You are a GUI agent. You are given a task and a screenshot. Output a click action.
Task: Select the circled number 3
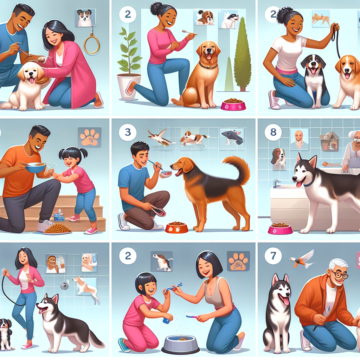coord(128,132)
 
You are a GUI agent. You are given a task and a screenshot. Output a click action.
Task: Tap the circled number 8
coord(273,133)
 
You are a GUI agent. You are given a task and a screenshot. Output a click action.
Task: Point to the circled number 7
coord(273,256)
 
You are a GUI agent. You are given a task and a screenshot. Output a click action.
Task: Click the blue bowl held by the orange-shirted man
coord(36,167)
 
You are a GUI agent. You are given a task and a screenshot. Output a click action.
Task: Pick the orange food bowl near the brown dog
coord(176,227)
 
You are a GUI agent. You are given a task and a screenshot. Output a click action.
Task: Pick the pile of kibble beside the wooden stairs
coord(57,229)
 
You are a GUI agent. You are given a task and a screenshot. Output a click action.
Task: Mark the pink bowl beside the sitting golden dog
coord(233,104)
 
